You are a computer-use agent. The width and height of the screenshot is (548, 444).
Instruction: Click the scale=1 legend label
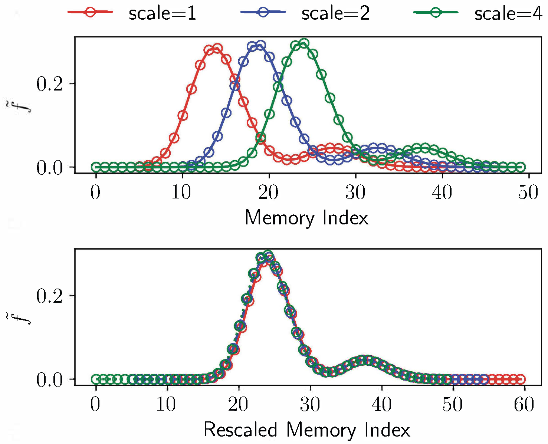click(162, 14)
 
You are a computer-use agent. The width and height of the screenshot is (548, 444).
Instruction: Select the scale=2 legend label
click(335, 14)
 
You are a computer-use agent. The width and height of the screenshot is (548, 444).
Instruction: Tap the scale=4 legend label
click(508, 14)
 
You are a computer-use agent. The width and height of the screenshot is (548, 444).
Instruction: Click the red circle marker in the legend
click(90, 12)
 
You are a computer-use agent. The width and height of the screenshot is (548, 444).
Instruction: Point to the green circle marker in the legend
click(436, 12)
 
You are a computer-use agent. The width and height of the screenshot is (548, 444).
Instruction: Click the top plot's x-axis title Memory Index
click(306, 218)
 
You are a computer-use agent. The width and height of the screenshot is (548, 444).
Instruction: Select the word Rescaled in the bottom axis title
click(240, 430)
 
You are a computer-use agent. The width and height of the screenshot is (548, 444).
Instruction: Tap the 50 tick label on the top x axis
click(528, 193)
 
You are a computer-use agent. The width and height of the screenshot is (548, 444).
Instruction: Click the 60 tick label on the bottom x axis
click(524, 404)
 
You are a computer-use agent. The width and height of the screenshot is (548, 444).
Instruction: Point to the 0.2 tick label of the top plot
click(50, 84)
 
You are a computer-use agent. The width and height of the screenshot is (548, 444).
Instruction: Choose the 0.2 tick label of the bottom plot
click(50, 296)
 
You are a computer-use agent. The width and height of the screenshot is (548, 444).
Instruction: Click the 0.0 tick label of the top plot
click(50, 168)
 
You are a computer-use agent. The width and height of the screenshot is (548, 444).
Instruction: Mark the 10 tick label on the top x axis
click(181, 193)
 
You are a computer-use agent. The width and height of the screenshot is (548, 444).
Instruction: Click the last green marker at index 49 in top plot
click(521, 167)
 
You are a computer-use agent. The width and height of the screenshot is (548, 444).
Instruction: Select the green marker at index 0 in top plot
click(96, 167)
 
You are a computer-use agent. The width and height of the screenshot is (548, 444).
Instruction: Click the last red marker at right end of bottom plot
click(521, 379)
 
